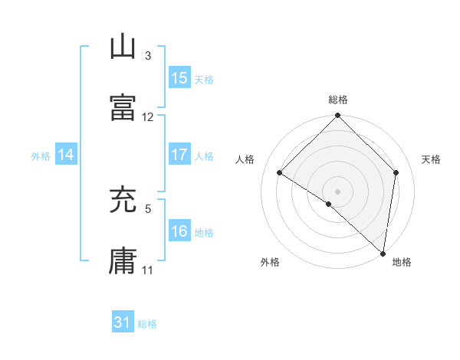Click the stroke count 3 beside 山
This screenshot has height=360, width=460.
coord(148,56)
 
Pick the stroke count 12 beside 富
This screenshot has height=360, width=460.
coord(148,117)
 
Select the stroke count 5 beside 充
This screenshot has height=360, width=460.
coord(148,208)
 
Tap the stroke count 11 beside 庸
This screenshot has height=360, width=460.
coord(148,270)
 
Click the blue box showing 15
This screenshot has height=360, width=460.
coord(179,78)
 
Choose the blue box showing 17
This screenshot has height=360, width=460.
coord(179,155)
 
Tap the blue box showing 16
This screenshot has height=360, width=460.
coord(179,231)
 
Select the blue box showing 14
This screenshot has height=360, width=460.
coord(66,155)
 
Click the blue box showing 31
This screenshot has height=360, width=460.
coord(123,322)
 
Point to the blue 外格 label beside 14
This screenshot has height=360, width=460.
coord(41,155)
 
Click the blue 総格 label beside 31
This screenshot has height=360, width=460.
coord(147,324)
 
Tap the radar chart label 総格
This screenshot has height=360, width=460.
coord(338,100)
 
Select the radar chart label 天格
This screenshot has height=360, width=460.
coord(431,159)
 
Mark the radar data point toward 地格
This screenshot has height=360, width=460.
coord(383,253)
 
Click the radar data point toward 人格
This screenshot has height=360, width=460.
coord(280,173)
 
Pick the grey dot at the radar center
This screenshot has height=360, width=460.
coord(338,190)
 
